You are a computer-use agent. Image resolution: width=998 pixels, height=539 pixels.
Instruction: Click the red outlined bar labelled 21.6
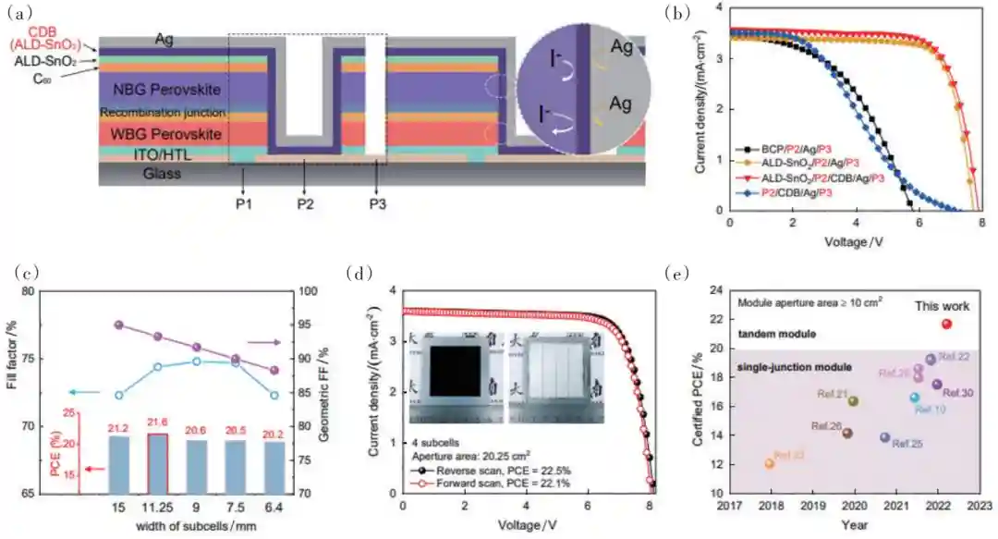158,463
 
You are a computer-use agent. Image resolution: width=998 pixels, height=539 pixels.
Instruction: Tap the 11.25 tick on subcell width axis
158,507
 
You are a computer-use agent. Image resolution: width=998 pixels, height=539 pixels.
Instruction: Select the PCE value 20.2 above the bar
274,430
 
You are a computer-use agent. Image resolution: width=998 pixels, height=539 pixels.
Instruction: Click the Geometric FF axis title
325,392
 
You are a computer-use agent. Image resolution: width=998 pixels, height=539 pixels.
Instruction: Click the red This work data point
946,324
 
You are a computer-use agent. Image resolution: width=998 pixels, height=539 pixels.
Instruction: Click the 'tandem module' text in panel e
774,334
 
